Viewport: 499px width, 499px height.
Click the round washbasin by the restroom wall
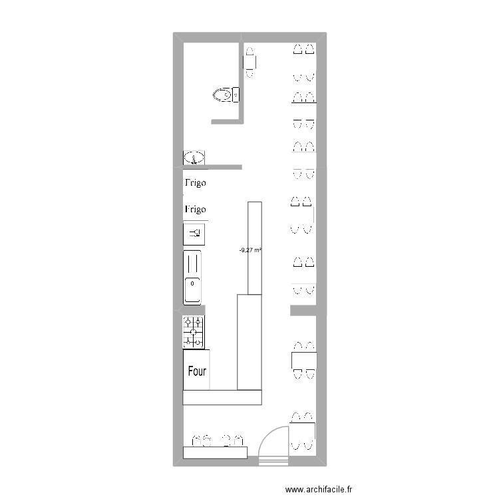click(194, 158)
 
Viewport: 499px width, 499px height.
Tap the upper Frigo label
click(196, 182)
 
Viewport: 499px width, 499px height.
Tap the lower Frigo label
click(196, 209)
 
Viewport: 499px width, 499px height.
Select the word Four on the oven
click(197, 371)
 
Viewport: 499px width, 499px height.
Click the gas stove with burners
click(194, 332)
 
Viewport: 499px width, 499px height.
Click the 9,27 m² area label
click(249, 250)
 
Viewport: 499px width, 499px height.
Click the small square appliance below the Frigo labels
click(194, 233)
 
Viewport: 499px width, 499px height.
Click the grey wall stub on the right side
click(303, 311)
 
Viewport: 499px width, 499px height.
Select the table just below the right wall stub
click(303, 361)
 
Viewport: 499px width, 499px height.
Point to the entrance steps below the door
click(273, 460)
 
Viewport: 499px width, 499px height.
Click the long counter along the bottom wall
click(215, 452)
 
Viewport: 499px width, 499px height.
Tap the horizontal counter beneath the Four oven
click(222, 397)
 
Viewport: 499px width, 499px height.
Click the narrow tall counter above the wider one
click(254, 248)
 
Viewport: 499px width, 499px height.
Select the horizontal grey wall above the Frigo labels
click(212, 167)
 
